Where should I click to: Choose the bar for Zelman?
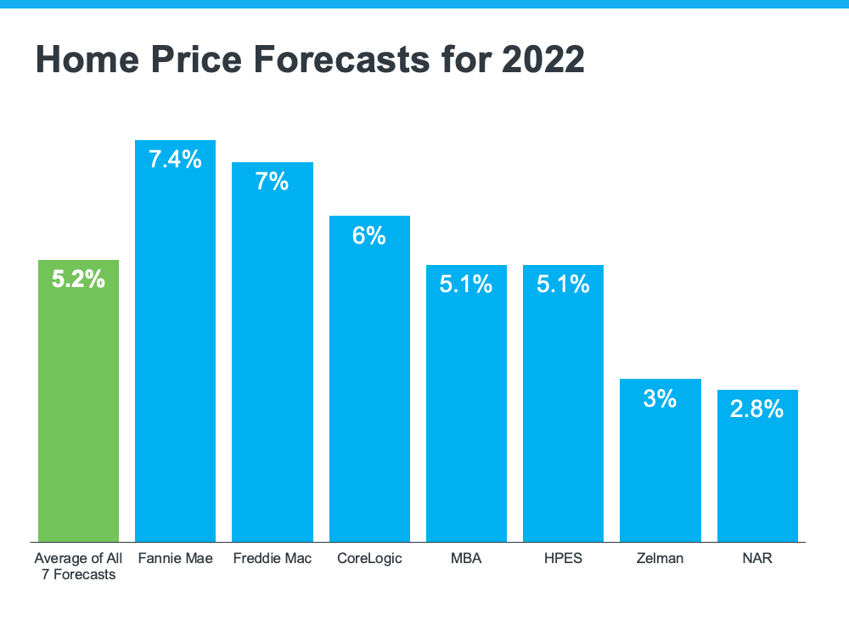[x=661, y=467]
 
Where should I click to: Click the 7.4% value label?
[x=175, y=159]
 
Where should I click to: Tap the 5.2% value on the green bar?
[x=78, y=279]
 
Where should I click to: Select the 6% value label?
[x=369, y=235]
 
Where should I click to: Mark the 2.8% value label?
[x=757, y=409]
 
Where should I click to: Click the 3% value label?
[x=661, y=397]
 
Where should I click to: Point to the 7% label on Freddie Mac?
[x=273, y=181]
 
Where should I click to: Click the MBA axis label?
[x=466, y=559]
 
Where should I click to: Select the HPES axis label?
[x=563, y=559]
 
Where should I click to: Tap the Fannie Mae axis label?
[x=175, y=559]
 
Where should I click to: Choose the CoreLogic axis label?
[x=369, y=559]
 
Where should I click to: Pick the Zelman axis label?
[x=661, y=559]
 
